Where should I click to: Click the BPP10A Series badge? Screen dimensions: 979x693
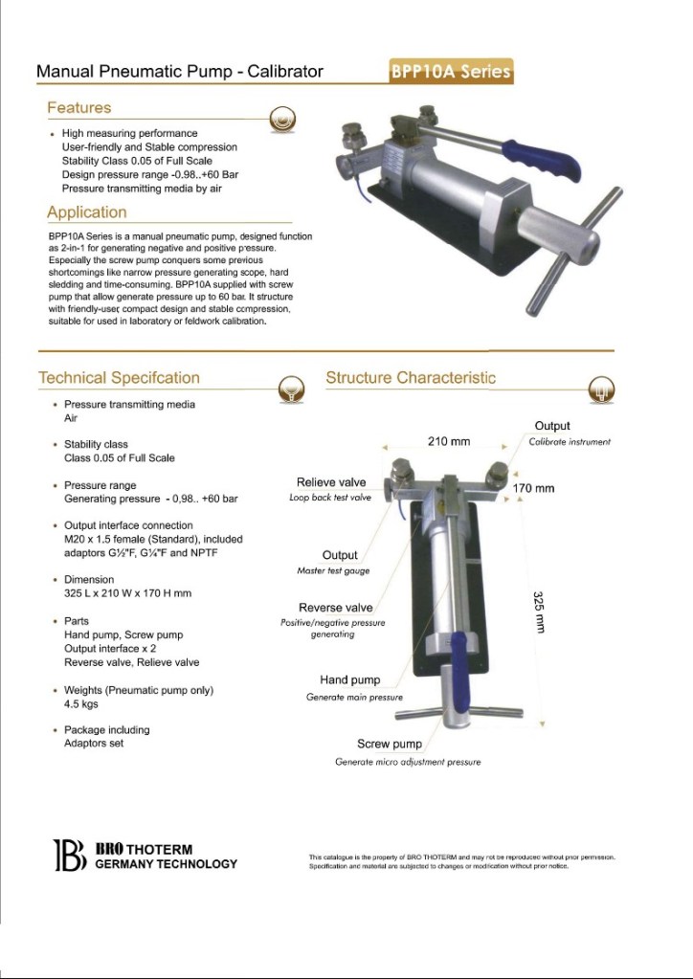click(450, 72)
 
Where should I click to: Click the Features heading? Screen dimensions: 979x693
click(79, 108)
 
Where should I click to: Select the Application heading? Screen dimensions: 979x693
click(86, 211)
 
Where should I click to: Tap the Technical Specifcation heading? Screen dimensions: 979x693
click(119, 378)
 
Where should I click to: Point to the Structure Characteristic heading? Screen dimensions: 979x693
click(411, 378)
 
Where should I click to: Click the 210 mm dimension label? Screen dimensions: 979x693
click(448, 442)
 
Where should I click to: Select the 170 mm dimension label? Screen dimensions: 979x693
click(533, 489)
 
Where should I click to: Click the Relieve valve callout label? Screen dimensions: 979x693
click(331, 482)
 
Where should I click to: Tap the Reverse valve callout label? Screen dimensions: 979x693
click(335, 608)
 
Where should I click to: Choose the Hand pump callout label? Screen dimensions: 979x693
click(349, 680)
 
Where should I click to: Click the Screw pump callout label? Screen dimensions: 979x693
click(390, 744)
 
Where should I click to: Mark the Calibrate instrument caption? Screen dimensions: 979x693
click(570, 442)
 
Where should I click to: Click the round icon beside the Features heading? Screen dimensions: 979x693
click(280, 120)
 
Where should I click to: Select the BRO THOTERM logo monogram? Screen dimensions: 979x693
click(69, 855)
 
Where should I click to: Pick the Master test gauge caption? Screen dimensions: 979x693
click(333, 571)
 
